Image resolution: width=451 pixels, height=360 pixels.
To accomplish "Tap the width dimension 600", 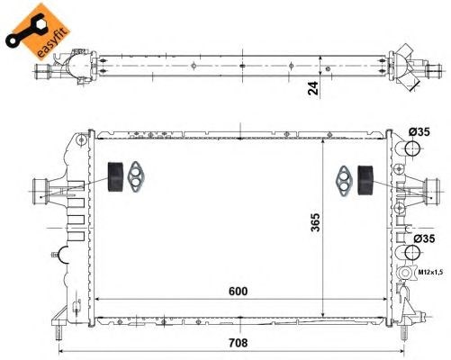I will (238, 292).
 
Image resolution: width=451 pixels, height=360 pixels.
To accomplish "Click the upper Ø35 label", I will (419, 132).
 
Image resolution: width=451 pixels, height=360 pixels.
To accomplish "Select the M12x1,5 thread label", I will (429, 271).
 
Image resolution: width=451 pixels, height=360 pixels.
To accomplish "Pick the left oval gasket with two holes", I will (137, 175).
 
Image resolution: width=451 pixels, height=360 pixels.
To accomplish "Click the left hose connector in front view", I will (41, 190).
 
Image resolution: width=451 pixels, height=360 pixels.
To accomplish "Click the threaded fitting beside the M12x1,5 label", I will (404, 272).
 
